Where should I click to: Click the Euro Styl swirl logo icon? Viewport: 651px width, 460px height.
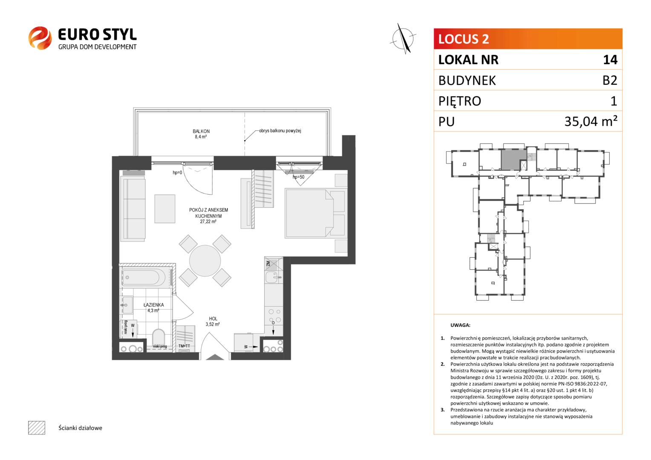tap(40, 38)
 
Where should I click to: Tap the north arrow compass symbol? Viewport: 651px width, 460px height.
tap(403, 39)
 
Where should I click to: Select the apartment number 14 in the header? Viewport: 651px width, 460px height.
tap(610, 60)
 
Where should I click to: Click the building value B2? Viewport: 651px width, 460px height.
tap(610, 80)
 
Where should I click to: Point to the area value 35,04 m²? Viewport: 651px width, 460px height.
tap(591, 121)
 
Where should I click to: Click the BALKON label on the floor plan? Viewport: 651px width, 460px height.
tap(201, 131)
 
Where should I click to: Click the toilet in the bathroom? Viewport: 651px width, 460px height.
tap(158, 337)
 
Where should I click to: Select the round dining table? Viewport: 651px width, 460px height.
tap(205, 261)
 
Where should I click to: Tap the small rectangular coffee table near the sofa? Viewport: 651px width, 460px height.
tap(165, 209)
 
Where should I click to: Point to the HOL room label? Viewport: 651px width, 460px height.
tap(213, 319)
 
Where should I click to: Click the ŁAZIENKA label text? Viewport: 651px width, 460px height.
tap(154, 305)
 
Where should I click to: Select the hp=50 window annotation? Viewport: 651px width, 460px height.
tap(299, 177)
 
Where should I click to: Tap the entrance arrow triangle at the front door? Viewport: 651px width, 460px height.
tap(215, 357)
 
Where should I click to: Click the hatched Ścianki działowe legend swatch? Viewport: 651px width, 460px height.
tap(37, 428)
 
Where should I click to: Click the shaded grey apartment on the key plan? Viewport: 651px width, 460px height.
tap(514, 160)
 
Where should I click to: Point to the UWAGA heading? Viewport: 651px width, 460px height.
tap(461, 325)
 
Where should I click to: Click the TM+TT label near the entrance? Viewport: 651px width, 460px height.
tap(184, 346)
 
